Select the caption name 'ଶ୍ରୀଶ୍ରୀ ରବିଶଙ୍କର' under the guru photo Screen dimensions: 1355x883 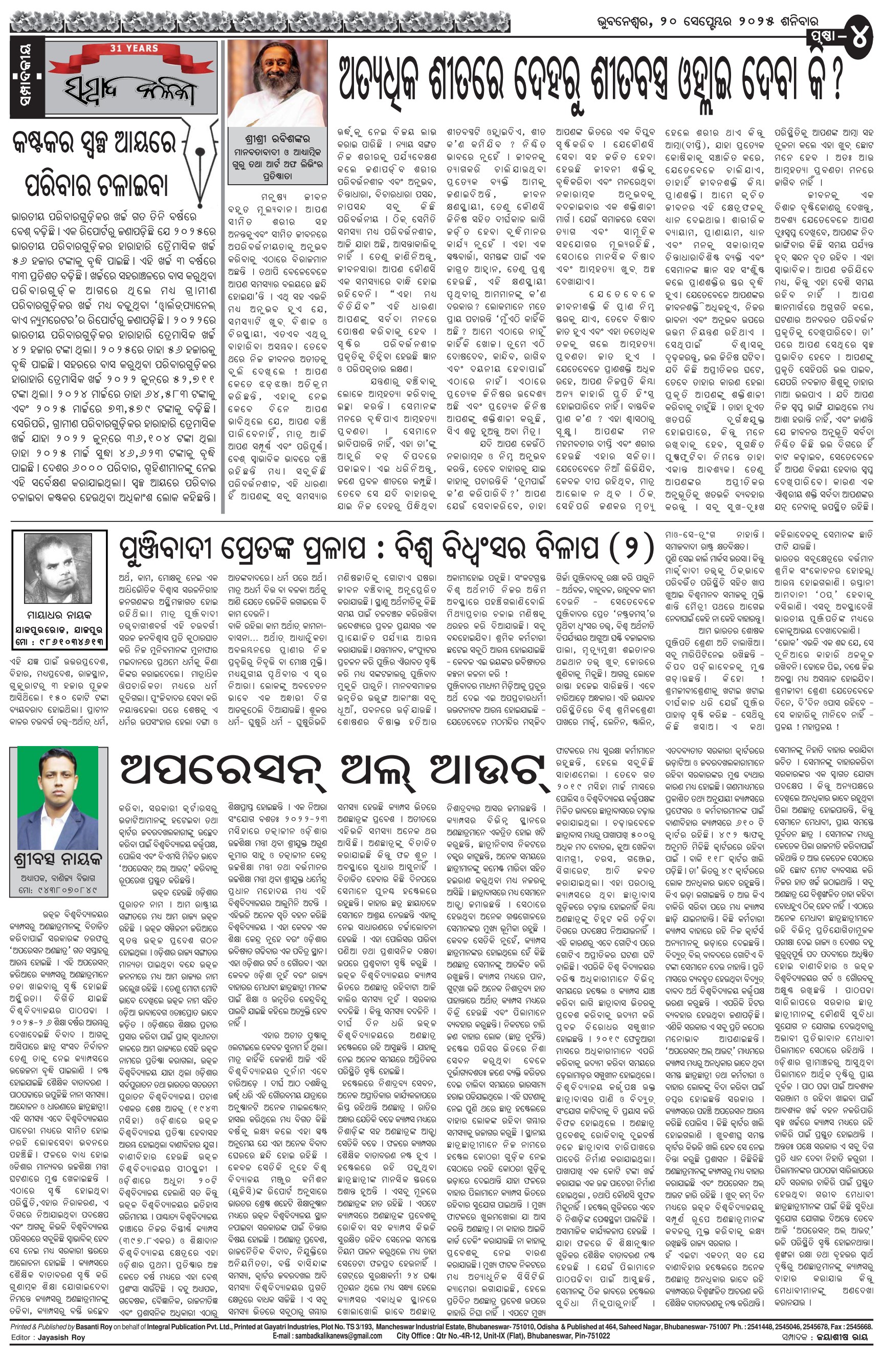click(x=277, y=140)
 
